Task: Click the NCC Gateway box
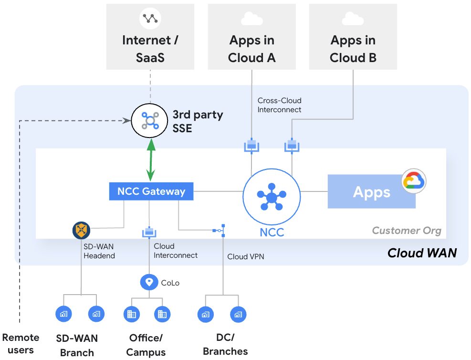(x=151, y=191)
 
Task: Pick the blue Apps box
(x=371, y=192)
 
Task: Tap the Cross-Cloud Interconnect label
(x=280, y=105)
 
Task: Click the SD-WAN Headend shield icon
(x=82, y=230)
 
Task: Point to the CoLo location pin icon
(x=149, y=282)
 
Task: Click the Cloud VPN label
(x=246, y=256)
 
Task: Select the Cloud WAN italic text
(x=422, y=253)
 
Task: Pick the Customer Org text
(x=407, y=231)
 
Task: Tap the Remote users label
(x=21, y=344)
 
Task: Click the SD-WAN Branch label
(x=77, y=345)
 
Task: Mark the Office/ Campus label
(x=146, y=345)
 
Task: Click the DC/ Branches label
(x=225, y=344)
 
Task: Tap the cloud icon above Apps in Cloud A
(x=252, y=19)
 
